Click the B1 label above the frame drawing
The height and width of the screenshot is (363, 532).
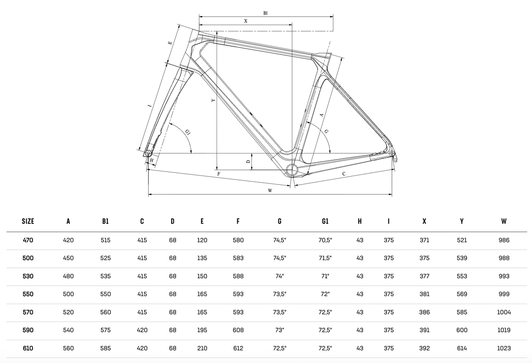pyautogui.click(x=265, y=13)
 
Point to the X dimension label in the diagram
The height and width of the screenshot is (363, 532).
pyautogui.click(x=246, y=21)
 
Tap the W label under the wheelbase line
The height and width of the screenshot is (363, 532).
pyautogui.click(x=270, y=190)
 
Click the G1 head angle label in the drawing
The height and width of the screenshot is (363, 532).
pyautogui.click(x=188, y=132)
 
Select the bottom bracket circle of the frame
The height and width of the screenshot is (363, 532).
pyautogui.click(x=292, y=169)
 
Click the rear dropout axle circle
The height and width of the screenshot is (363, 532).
pyautogui.click(x=392, y=153)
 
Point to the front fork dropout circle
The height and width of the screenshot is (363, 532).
pyautogui.click(x=148, y=153)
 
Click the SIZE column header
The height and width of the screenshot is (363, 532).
pyautogui.click(x=28, y=221)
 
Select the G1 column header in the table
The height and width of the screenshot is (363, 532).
pyautogui.click(x=325, y=221)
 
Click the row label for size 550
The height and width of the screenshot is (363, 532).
pyautogui.click(x=28, y=294)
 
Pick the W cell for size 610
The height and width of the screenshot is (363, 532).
pyautogui.click(x=504, y=348)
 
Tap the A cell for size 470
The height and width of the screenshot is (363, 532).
pyautogui.click(x=68, y=240)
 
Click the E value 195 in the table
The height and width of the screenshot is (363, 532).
pyautogui.click(x=202, y=330)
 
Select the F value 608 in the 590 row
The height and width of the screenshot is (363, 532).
pyautogui.click(x=238, y=330)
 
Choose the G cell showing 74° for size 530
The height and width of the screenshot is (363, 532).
pyautogui.click(x=280, y=276)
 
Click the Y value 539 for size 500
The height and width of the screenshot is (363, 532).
pyautogui.click(x=462, y=258)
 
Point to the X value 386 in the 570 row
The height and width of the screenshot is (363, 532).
pyautogui.click(x=424, y=312)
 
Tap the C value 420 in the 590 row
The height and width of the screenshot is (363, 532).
pyautogui.click(x=142, y=330)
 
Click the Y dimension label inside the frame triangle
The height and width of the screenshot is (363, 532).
pyautogui.click(x=212, y=101)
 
